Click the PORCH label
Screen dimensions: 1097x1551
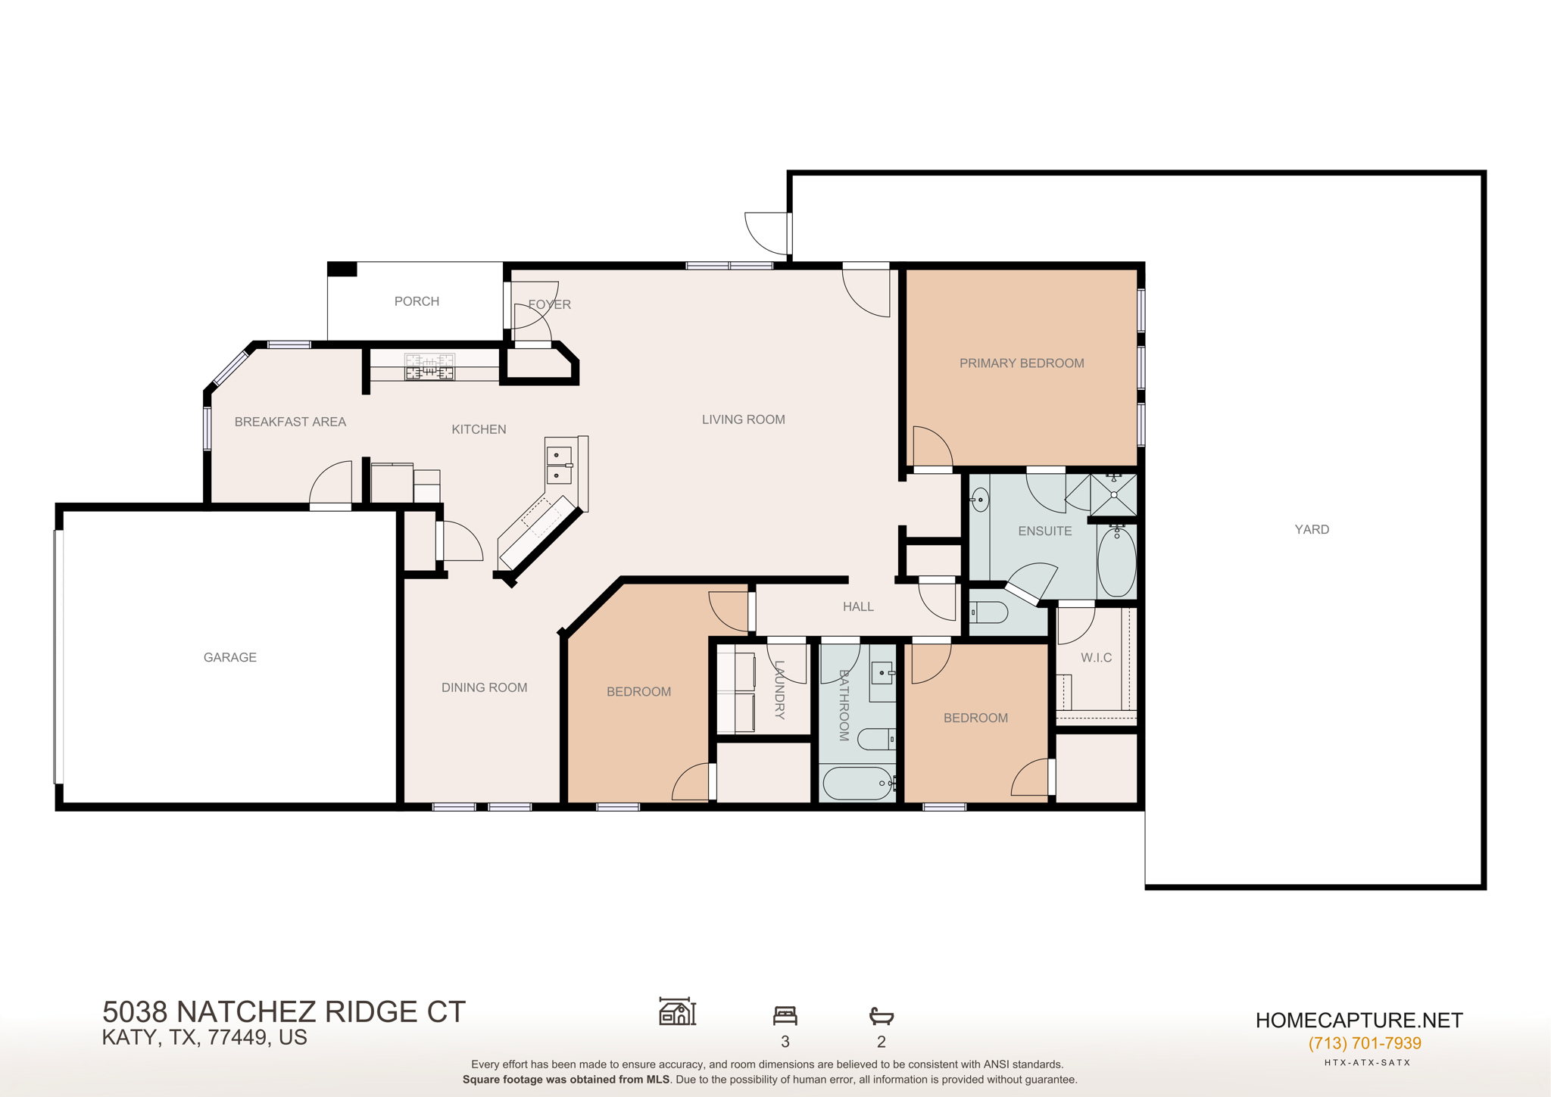[417, 301]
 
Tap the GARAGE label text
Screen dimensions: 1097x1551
[229, 657]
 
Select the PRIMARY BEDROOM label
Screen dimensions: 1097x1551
[1021, 363]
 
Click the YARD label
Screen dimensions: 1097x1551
[1311, 529]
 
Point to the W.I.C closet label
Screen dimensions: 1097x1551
[1096, 657]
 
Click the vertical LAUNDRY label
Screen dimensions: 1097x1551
[779, 689]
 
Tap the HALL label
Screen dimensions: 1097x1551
[858, 606]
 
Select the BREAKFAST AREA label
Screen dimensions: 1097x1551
[290, 422]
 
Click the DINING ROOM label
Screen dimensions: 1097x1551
[484, 687]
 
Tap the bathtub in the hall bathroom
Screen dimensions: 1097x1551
[858, 784]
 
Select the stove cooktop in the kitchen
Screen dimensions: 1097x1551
[429, 367]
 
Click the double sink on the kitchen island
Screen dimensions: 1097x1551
[559, 465]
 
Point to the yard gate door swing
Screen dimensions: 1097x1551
[766, 233]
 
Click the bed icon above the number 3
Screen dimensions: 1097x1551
[785, 1014]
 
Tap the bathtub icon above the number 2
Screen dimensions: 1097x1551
[881, 1015]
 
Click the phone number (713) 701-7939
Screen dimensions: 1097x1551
[1364, 1043]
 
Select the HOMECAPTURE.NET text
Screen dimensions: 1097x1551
[1359, 1021]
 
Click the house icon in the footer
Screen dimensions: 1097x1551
[677, 1011]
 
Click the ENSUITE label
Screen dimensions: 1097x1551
[1044, 531]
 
